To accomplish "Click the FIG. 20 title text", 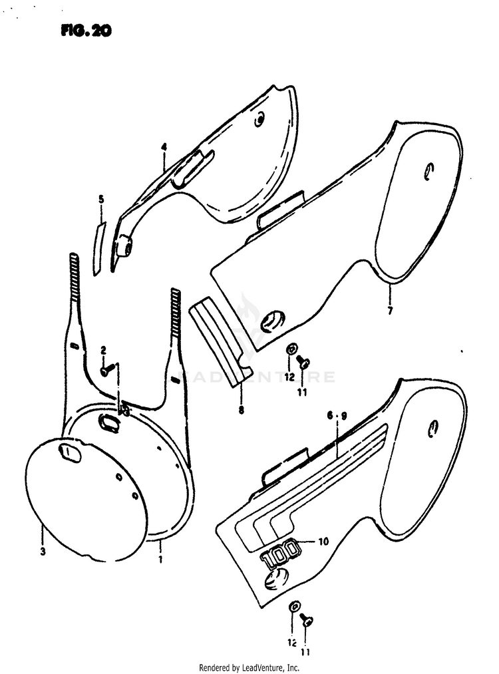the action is coord(86,31).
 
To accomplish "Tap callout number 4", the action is coord(164,147).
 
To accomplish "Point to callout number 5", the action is coord(101,199).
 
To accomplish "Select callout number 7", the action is coord(390,310).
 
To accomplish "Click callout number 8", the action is coord(241,410).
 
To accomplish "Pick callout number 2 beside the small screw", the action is coord(103,350).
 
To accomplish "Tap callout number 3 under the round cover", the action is coord(43,552).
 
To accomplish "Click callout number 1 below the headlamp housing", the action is coord(160,560).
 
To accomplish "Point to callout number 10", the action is coord(323,541).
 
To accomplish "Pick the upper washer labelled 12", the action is coord(291,349).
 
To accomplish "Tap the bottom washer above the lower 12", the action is coord(295,607).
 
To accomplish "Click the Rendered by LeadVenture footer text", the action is coord(249,667).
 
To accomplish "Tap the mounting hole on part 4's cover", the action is coord(259,120).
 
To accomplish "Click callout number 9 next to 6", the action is coord(343,416).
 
